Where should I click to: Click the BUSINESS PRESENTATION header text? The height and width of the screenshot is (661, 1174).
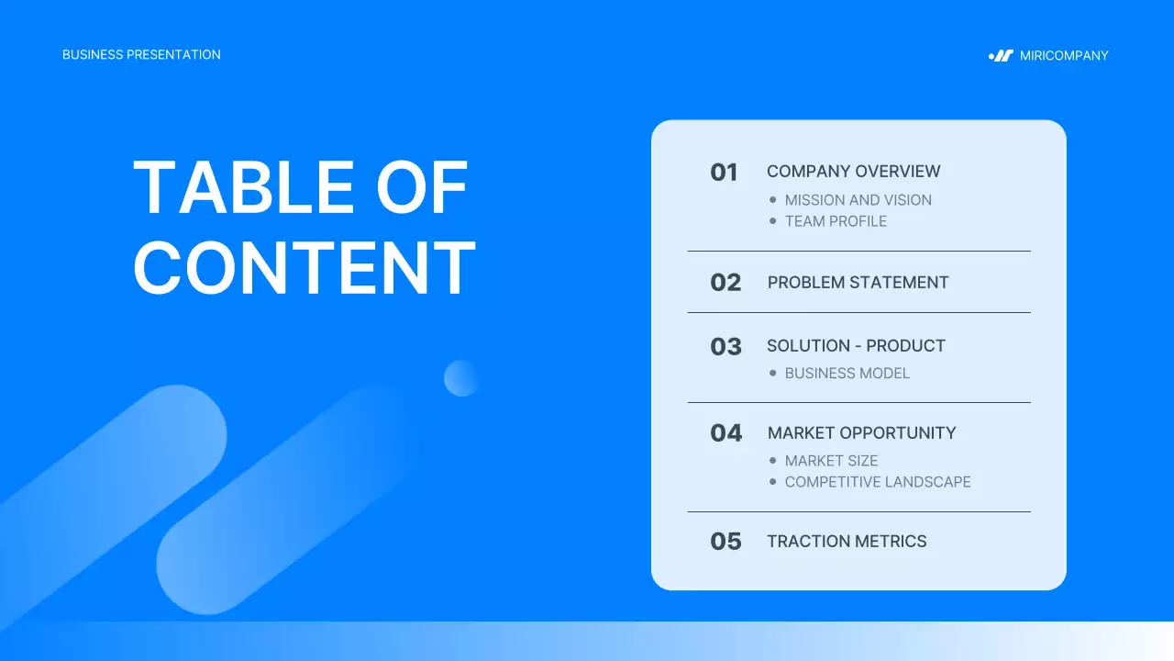point(141,55)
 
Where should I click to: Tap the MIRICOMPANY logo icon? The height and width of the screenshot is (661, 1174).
point(1001,56)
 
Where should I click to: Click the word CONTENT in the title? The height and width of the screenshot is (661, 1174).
point(305,267)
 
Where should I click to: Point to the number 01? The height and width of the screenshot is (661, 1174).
point(724,173)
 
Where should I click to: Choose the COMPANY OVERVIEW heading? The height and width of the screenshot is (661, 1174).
point(853,172)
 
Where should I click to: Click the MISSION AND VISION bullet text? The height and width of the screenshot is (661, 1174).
point(858,200)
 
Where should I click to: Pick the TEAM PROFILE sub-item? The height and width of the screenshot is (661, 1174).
point(836,221)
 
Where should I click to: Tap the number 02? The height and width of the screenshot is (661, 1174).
point(725,283)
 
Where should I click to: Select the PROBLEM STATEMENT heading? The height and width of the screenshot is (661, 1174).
point(858,283)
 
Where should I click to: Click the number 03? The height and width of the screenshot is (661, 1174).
point(725,347)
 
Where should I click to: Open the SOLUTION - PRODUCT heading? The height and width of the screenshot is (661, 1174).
point(856,346)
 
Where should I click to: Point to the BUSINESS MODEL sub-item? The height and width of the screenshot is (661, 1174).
point(847,374)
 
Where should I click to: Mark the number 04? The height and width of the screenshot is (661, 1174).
point(725,433)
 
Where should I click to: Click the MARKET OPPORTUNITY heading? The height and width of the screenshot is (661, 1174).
point(861,433)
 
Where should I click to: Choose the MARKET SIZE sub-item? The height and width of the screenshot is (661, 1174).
point(831,461)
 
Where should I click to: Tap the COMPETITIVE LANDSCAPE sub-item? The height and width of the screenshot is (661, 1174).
point(877,482)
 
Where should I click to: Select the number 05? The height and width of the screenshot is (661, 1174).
point(725,542)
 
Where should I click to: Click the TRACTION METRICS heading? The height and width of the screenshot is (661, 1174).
point(847,542)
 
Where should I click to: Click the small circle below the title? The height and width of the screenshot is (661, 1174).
point(461,378)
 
